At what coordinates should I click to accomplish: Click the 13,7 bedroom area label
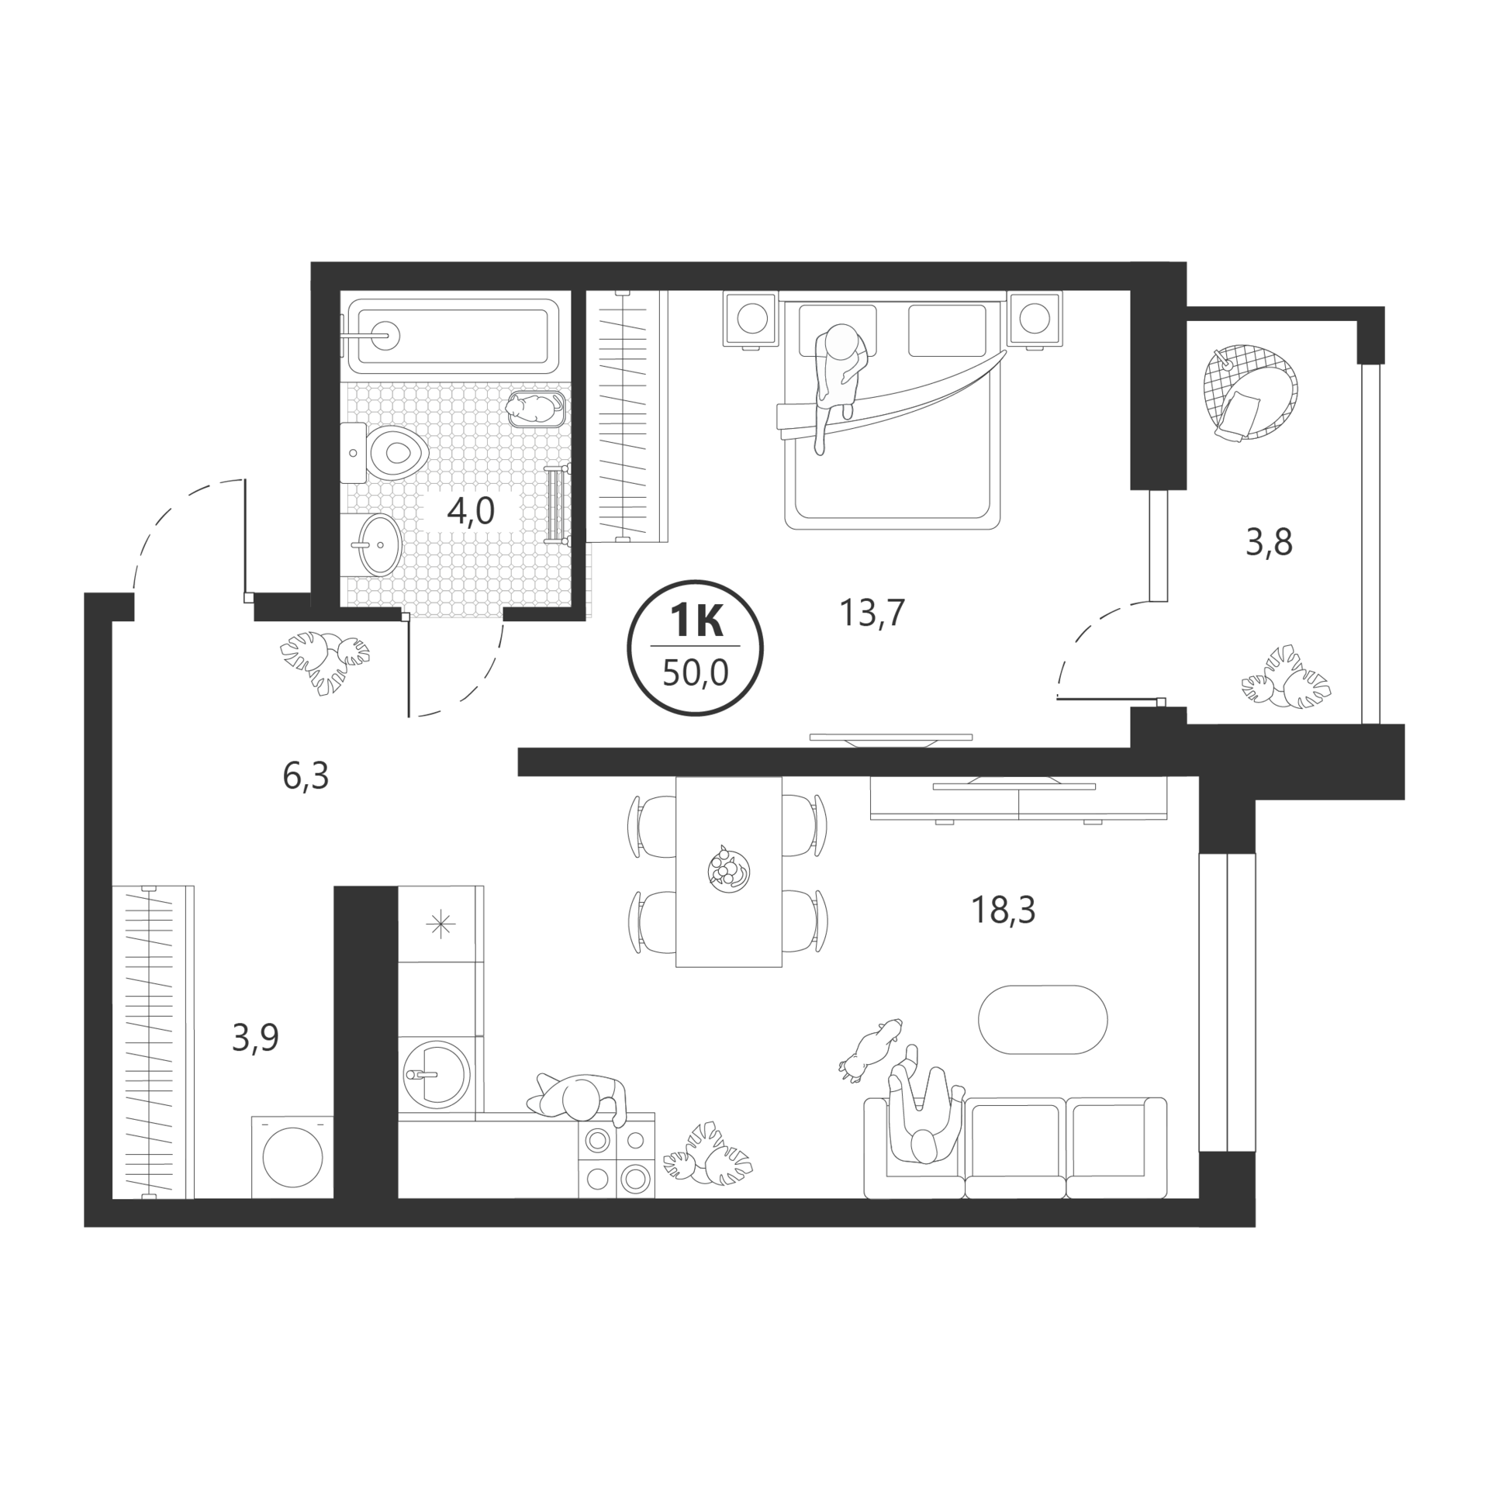point(872,613)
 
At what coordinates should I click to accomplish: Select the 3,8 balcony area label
point(1269,542)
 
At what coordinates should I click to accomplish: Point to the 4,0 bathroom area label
point(471,512)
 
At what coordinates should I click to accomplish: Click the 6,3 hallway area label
point(306,776)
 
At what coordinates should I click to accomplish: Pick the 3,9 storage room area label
point(255,1037)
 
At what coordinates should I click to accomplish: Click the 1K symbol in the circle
point(696,622)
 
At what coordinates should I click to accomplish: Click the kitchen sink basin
point(437,1074)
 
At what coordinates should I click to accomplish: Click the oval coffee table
point(1042,1020)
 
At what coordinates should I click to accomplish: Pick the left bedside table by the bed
point(751,319)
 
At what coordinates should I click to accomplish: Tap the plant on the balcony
point(1286,677)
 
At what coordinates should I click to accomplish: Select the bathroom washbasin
point(380,544)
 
